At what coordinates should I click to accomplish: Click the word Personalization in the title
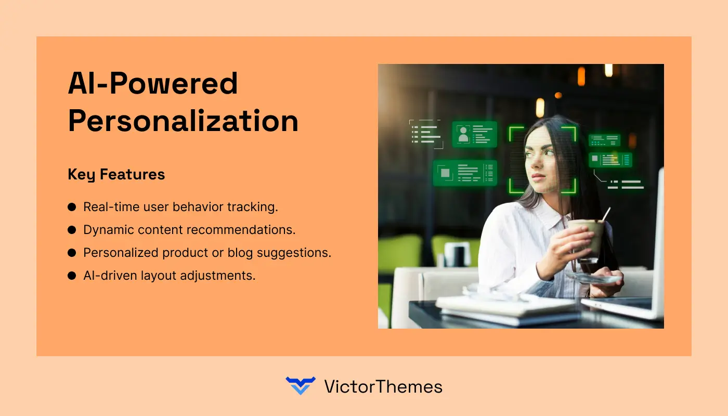tap(183, 121)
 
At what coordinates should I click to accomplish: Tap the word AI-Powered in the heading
tap(153, 83)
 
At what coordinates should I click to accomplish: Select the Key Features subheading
tap(116, 175)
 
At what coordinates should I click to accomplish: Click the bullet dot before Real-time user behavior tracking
tap(72, 207)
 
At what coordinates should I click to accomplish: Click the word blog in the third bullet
tap(227, 253)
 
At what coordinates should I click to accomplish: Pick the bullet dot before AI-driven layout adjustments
tap(72, 276)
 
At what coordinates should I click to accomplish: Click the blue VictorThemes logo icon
tap(301, 386)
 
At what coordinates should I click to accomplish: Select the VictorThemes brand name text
tap(383, 386)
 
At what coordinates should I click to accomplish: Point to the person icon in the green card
tap(463, 134)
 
